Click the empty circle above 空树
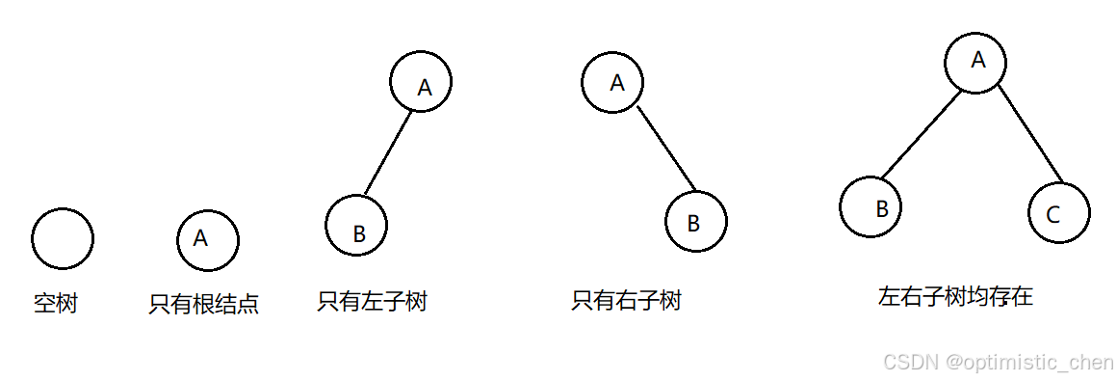click(x=63, y=238)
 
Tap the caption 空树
click(x=55, y=305)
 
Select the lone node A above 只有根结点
click(x=208, y=239)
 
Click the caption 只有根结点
click(x=203, y=305)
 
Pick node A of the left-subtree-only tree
click(x=422, y=82)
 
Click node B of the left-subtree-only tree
click(x=356, y=228)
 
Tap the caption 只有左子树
click(x=372, y=302)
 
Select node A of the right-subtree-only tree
click(x=612, y=82)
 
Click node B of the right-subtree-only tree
click(x=696, y=222)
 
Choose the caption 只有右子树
click(x=626, y=302)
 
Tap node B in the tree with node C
click(x=871, y=207)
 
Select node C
click(x=1058, y=214)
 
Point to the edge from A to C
click(x=1029, y=134)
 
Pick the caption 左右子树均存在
click(x=955, y=296)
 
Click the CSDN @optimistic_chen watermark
click(x=998, y=362)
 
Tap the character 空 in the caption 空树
click(x=44, y=305)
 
